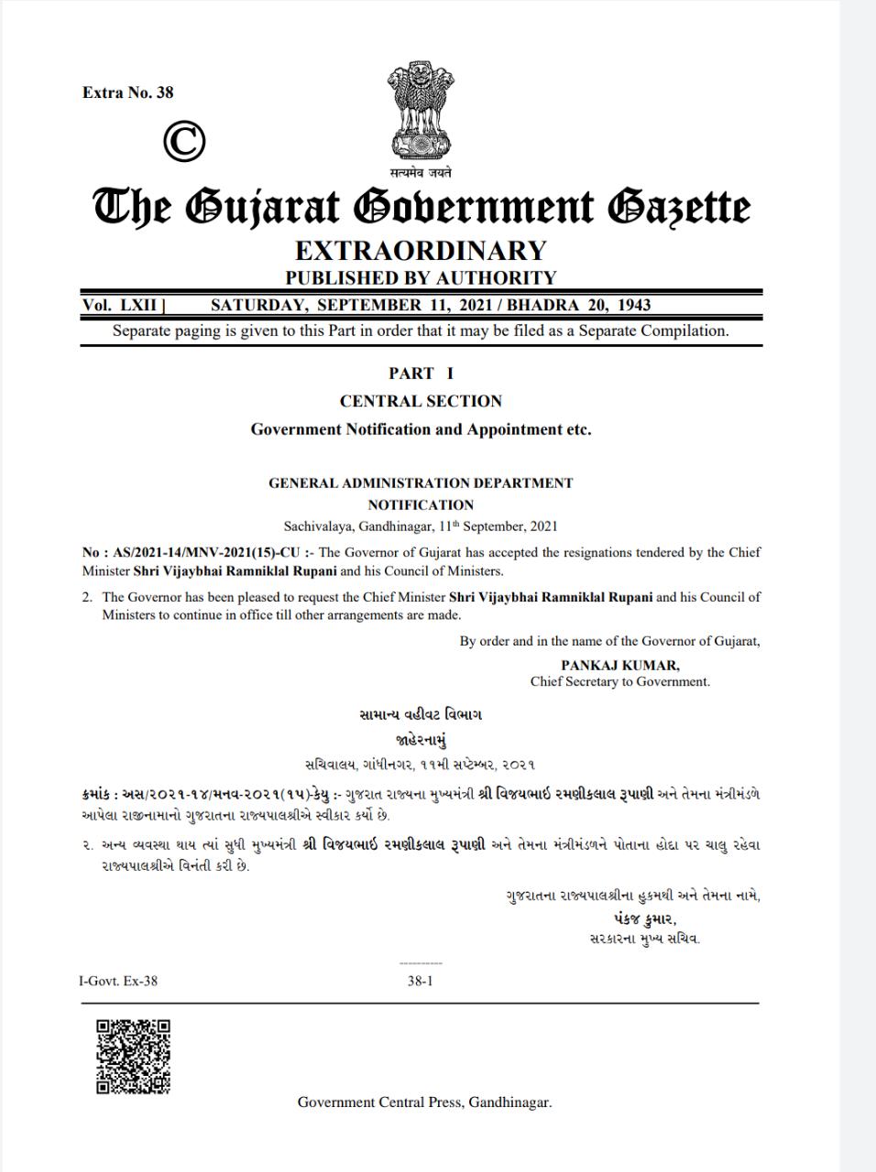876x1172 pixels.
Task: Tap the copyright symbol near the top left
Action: [x=184, y=141]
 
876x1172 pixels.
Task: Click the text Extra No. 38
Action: [x=127, y=92]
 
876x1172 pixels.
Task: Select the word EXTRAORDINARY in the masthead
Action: [x=421, y=250]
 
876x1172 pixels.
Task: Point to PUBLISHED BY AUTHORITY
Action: [x=421, y=277]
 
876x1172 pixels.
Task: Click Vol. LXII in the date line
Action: [x=120, y=305]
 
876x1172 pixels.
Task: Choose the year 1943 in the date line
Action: [x=634, y=305]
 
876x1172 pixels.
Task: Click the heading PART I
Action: [x=421, y=373]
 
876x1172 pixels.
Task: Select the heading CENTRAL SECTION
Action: [x=421, y=401]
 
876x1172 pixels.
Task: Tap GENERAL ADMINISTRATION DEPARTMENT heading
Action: [x=421, y=483]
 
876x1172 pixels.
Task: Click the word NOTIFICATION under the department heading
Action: [x=421, y=505]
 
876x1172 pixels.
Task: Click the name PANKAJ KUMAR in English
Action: [x=620, y=666]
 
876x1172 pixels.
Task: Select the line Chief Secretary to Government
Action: [x=620, y=681]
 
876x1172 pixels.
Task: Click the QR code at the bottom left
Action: [x=134, y=1056]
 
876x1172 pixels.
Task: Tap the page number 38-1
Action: [x=420, y=981]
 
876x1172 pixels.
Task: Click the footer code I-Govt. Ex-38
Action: [x=118, y=981]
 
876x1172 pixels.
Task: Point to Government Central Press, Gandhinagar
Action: [x=424, y=1102]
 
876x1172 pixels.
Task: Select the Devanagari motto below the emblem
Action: [x=421, y=172]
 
